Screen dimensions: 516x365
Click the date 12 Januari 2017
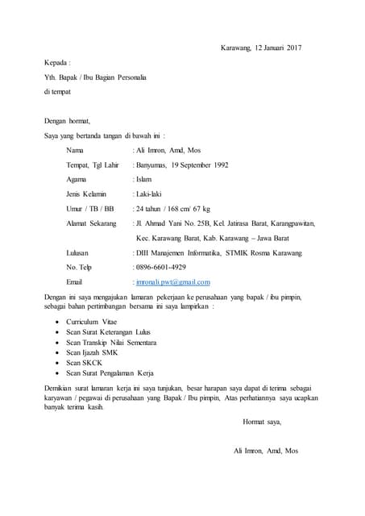point(277,48)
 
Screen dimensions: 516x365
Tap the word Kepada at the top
point(57,62)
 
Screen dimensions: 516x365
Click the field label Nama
point(75,151)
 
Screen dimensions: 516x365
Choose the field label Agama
point(77,180)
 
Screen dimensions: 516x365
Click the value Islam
point(143,180)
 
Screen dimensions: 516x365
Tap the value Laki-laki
point(150,194)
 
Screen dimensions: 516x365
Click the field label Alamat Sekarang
point(91,223)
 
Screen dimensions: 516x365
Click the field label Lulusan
point(79,252)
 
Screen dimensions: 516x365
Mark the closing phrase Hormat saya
point(262,422)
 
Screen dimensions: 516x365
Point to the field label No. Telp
point(79,267)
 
